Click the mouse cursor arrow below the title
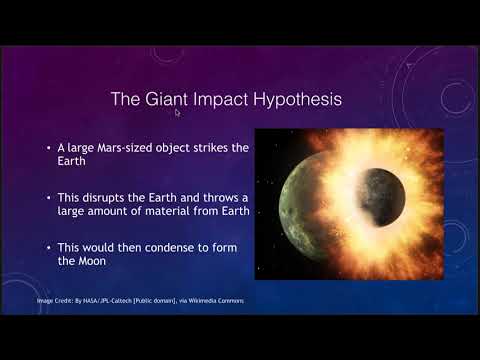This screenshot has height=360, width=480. pos(177,113)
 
